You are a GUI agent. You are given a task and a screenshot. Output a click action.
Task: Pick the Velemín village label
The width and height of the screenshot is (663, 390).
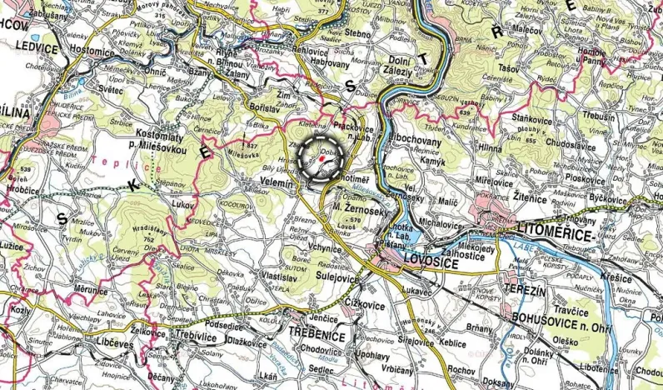(x=277, y=183)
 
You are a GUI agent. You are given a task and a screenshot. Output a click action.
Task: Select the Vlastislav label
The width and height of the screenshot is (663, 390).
(x=280, y=274)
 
